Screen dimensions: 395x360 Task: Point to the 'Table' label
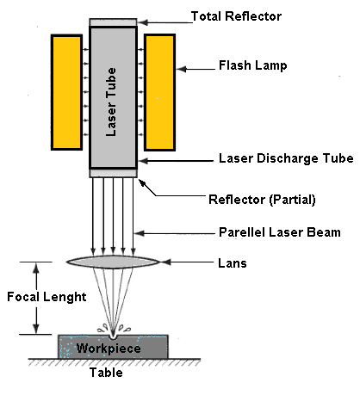point(108,373)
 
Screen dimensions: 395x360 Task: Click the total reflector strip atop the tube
point(113,22)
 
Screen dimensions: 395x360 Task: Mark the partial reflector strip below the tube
point(113,173)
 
